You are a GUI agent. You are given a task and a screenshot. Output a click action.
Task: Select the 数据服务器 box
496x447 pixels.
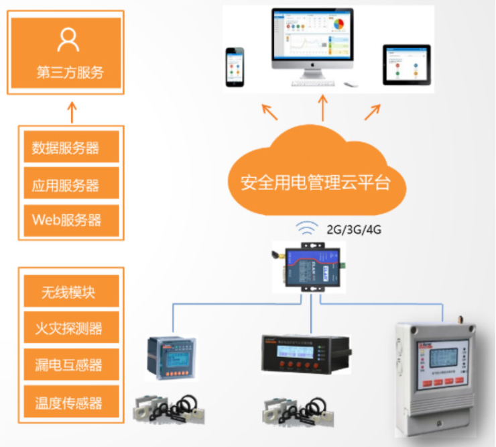click(71, 147)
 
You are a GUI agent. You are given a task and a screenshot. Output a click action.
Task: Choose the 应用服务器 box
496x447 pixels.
click(71, 183)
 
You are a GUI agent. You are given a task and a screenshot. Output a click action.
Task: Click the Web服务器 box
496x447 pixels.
click(71, 219)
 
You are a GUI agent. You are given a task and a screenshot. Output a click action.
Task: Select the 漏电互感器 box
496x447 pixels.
click(71, 365)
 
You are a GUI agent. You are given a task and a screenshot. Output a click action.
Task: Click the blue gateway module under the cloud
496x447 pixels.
click(312, 265)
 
